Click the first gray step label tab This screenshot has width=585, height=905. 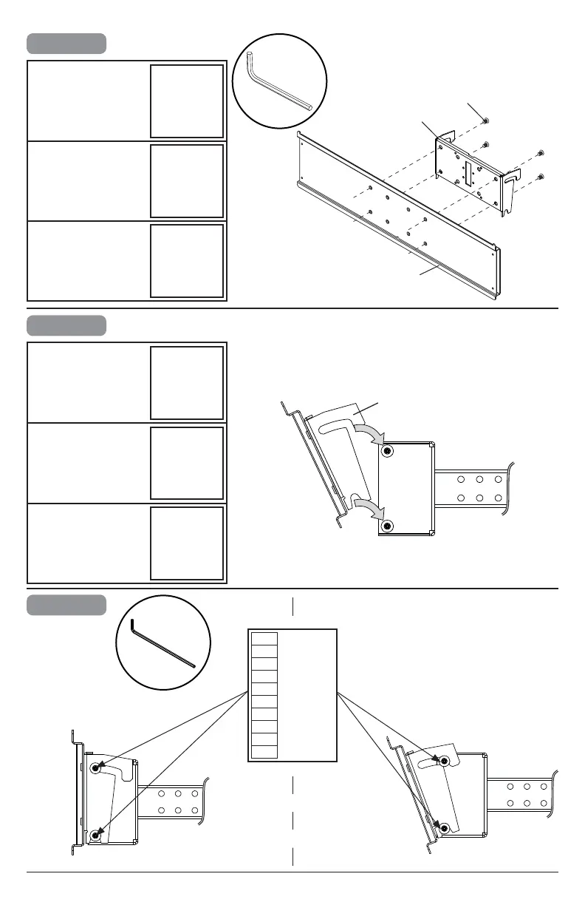click(66, 43)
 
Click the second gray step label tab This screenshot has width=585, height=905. click(66, 325)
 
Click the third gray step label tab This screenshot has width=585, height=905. click(66, 604)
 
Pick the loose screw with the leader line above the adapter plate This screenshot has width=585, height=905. click(486, 121)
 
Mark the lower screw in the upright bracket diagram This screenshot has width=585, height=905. click(96, 837)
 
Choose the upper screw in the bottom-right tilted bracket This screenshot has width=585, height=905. click(444, 761)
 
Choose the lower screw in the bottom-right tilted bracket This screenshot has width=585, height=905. click(444, 828)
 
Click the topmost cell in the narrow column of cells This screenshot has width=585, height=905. click(264, 639)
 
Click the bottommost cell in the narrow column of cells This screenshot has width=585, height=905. click(264, 752)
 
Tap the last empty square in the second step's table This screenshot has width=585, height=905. click(186, 543)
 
